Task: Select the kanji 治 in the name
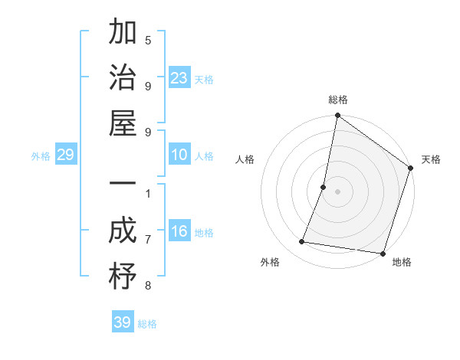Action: tap(123, 78)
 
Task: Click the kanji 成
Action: tap(123, 231)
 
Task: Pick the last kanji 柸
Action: tap(123, 277)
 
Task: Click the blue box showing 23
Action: tap(179, 78)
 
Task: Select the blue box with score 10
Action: tap(179, 155)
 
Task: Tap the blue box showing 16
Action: tap(179, 232)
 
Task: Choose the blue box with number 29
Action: tap(65, 155)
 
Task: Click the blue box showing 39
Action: tap(122, 322)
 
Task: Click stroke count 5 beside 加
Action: tap(148, 41)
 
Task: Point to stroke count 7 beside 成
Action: tap(148, 241)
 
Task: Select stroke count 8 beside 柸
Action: tap(148, 286)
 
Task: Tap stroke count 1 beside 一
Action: tap(148, 193)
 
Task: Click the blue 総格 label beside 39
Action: tap(147, 324)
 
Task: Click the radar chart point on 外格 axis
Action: tap(302, 242)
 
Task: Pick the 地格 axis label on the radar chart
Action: tap(402, 263)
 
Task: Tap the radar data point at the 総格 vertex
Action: tap(337, 116)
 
